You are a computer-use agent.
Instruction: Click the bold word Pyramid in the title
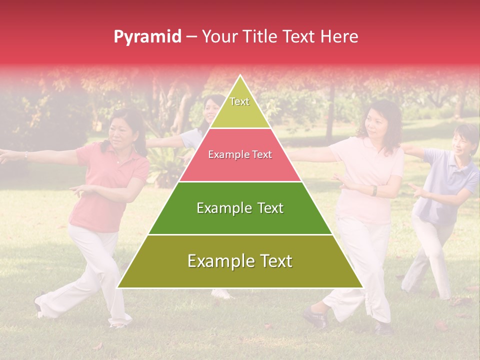point(147,37)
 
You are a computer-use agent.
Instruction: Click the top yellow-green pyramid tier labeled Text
point(240,107)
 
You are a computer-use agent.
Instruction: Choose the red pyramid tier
point(240,155)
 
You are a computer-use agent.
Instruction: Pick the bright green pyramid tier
point(240,208)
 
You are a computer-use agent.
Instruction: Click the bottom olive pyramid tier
point(240,261)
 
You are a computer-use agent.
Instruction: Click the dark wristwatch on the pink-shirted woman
point(373,190)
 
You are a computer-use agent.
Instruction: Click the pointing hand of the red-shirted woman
point(76,190)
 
